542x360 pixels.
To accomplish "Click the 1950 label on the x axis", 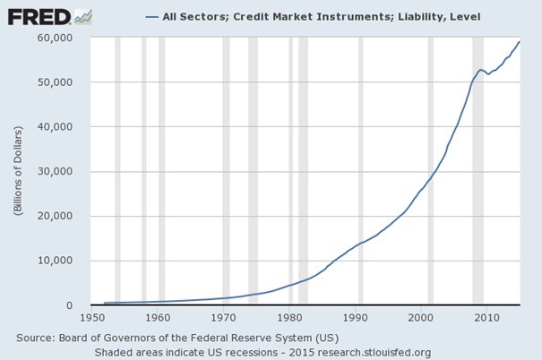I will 91,317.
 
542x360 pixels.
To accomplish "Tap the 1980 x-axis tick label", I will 289,317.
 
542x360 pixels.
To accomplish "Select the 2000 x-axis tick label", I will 421,317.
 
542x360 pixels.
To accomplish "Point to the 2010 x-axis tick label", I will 486,317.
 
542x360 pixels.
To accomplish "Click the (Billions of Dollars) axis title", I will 18,172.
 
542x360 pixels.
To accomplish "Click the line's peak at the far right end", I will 519,42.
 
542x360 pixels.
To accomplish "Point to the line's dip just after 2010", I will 488,73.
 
